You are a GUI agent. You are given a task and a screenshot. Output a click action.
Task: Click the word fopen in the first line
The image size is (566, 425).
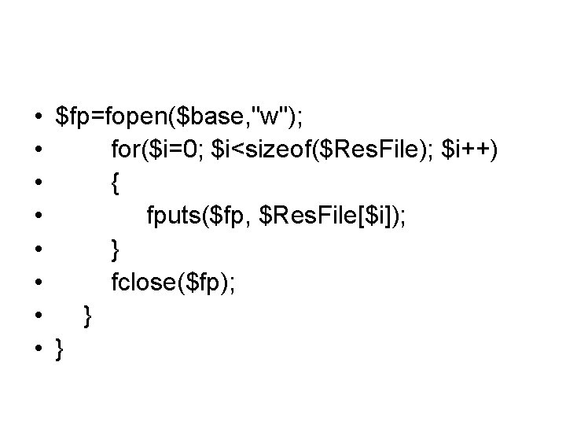(x=136, y=117)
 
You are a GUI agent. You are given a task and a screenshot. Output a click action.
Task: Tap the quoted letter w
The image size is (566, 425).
(x=270, y=117)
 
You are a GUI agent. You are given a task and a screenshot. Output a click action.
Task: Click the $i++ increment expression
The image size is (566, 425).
(x=465, y=150)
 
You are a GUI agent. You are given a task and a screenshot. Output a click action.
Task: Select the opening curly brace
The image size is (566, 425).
(x=116, y=184)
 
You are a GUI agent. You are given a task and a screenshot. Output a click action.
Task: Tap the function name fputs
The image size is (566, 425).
(x=171, y=217)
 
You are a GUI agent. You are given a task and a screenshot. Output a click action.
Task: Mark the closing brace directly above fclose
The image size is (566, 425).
(x=116, y=250)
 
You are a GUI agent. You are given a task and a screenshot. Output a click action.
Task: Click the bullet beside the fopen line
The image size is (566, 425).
(x=37, y=118)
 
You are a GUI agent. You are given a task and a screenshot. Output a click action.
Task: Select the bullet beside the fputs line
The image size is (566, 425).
(x=37, y=218)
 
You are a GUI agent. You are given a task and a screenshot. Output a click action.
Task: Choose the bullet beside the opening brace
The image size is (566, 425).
(x=37, y=184)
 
